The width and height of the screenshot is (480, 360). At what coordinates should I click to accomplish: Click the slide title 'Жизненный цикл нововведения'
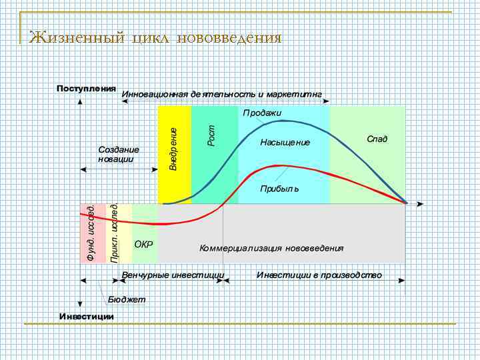tap(155, 37)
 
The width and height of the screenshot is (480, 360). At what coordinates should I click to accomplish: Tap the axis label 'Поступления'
tap(86, 88)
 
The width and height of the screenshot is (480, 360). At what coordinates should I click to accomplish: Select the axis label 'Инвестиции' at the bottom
tap(86, 315)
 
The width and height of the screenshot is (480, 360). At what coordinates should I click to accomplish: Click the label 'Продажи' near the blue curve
tap(262, 113)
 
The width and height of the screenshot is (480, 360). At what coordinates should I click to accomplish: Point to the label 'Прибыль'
tap(279, 189)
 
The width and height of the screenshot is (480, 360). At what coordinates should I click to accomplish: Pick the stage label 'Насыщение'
tap(285, 142)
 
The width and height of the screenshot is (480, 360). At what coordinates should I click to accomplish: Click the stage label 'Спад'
tap(377, 139)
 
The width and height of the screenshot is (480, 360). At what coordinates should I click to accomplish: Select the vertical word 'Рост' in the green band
tap(211, 136)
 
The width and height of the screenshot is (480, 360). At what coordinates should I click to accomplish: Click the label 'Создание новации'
tap(118, 154)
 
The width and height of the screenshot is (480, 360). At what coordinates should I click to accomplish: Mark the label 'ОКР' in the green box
tap(143, 244)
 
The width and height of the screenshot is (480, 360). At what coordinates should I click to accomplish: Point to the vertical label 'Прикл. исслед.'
tap(115, 233)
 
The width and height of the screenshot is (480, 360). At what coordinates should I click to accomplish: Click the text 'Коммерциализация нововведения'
tap(271, 248)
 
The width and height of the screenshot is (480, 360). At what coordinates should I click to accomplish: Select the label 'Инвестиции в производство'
tap(319, 275)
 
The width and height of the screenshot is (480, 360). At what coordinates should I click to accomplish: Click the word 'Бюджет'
tap(127, 299)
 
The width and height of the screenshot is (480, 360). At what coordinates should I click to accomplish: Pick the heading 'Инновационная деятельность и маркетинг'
tap(221, 95)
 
